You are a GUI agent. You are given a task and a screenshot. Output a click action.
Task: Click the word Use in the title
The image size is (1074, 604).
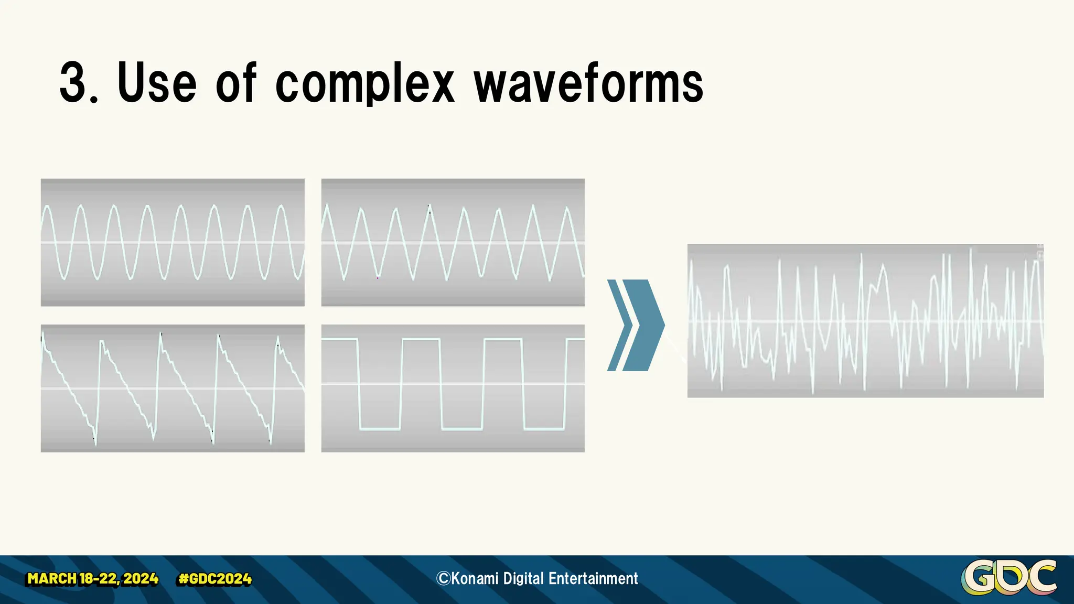[157, 82]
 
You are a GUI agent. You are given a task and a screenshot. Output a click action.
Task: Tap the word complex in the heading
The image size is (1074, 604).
[364, 83]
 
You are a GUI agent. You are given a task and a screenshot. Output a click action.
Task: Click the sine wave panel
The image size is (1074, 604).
[173, 242]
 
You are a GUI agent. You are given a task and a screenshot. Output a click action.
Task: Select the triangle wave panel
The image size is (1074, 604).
[453, 242]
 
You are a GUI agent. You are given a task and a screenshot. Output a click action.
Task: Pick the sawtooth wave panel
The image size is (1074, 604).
[173, 388]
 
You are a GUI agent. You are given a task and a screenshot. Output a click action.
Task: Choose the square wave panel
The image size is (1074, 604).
[453, 388]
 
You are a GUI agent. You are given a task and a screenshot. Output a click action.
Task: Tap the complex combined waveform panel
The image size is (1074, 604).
[865, 320]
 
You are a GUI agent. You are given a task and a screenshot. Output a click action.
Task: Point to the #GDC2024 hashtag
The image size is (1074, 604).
[215, 579]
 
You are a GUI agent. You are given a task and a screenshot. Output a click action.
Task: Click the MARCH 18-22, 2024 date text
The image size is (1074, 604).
[93, 579]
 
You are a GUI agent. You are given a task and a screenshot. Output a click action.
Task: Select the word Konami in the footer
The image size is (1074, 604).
[475, 578]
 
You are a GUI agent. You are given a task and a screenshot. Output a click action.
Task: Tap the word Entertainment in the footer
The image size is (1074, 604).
[593, 578]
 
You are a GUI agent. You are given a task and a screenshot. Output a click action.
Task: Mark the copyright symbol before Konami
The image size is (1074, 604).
[443, 578]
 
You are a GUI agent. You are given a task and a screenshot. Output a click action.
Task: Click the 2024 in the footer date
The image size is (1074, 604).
[141, 579]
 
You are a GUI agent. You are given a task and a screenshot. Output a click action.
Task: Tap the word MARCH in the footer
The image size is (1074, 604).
[51, 579]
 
